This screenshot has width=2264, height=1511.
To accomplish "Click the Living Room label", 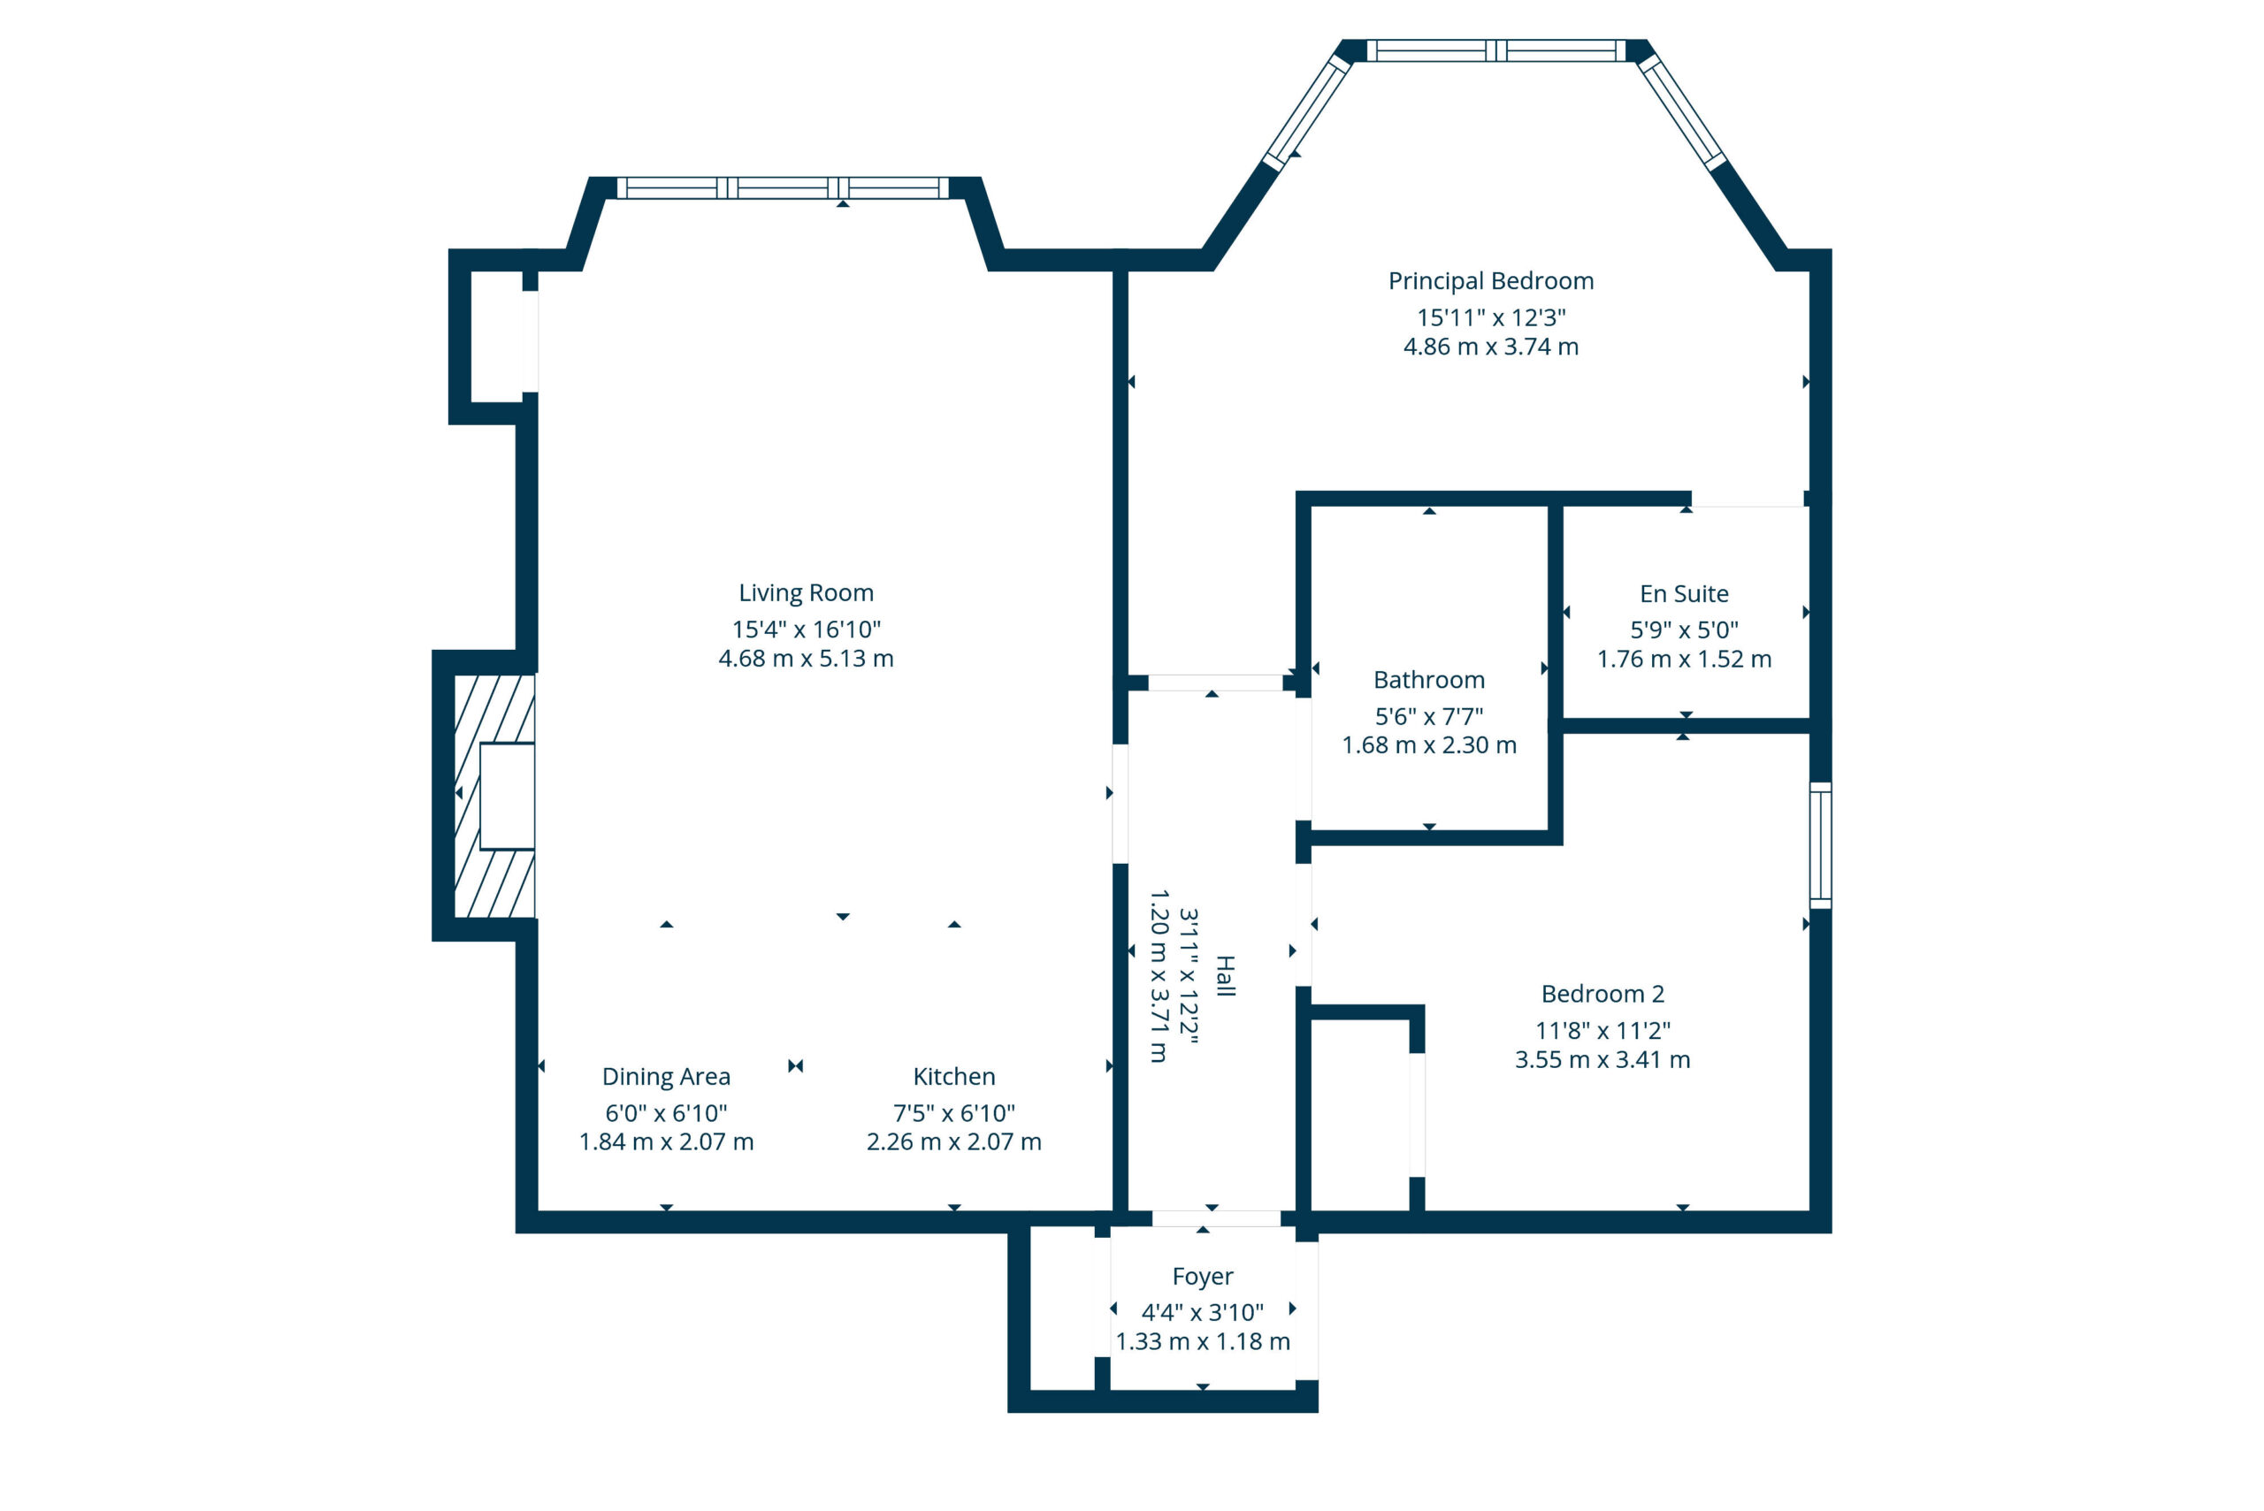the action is click(x=806, y=592).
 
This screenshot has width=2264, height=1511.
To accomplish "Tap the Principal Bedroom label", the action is click(x=1491, y=281).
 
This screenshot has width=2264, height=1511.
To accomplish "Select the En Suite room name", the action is click(x=1684, y=593).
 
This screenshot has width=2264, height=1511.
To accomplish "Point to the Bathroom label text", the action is click(x=1428, y=680).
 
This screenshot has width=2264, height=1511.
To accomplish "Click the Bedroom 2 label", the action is click(x=1602, y=994).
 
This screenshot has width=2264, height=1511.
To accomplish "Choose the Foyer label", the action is click(x=1202, y=1276).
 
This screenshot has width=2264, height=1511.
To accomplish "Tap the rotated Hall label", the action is click(x=1225, y=976).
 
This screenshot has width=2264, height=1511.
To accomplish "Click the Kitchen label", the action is click(x=954, y=1076).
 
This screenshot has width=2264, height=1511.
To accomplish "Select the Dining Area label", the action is click(x=666, y=1076).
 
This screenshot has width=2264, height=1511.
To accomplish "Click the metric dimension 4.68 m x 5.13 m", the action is click(x=806, y=658).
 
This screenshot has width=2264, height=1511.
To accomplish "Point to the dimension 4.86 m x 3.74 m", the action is click(x=1491, y=347).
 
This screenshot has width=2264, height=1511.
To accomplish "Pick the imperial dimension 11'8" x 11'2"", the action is click(x=1602, y=1030).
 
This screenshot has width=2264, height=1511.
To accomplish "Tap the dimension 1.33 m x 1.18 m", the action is click(x=1202, y=1341).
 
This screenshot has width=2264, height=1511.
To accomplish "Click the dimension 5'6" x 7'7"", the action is click(x=1428, y=716).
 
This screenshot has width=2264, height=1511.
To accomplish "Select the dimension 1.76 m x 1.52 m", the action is click(x=1684, y=660).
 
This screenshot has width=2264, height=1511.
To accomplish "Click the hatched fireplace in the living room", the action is click(x=493, y=796).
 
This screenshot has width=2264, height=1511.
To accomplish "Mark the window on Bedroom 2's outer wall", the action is click(x=1820, y=845).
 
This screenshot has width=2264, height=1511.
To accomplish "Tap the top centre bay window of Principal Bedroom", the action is click(x=1495, y=50).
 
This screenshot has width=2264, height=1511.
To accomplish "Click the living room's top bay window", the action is click(x=783, y=188).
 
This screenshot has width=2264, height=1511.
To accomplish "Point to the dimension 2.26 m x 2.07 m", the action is click(x=954, y=1142).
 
